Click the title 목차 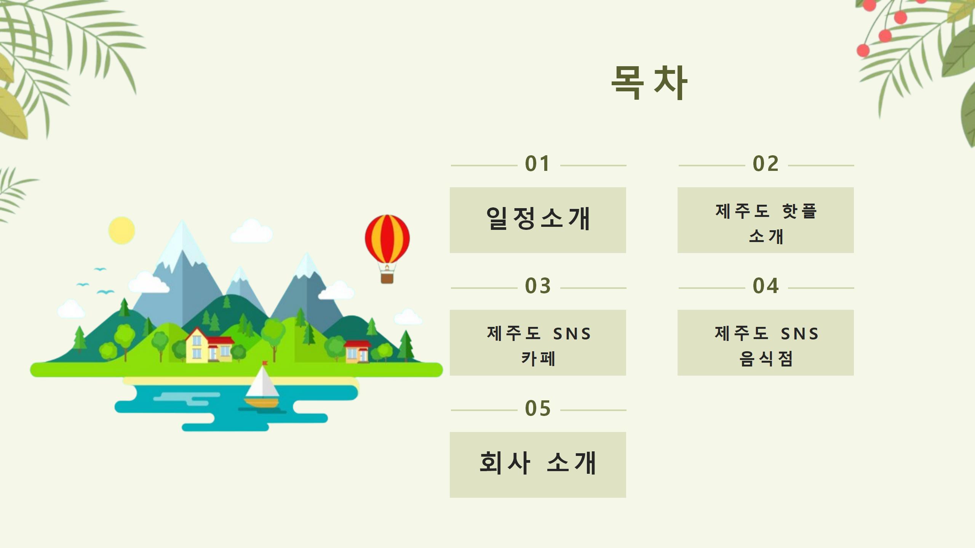pyautogui.click(x=649, y=83)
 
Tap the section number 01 pyautogui.click(x=537, y=164)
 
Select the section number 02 pyautogui.click(x=766, y=164)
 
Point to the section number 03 pyautogui.click(x=538, y=286)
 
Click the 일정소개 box pyautogui.click(x=538, y=220)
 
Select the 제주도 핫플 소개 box pyautogui.click(x=766, y=220)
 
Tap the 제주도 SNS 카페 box pyautogui.click(x=538, y=342)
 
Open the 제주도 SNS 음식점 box pyautogui.click(x=766, y=342)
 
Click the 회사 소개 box pyautogui.click(x=538, y=465)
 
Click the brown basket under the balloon pyautogui.click(x=387, y=278)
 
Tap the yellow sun pyautogui.click(x=122, y=230)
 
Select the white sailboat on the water pyautogui.click(x=262, y=386)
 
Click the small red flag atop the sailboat pyautogui.click(x=265, y=363)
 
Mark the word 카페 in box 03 pyautogui.click(x=538, y=358)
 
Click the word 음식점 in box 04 pyautogui.click(x=766, y=358)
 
